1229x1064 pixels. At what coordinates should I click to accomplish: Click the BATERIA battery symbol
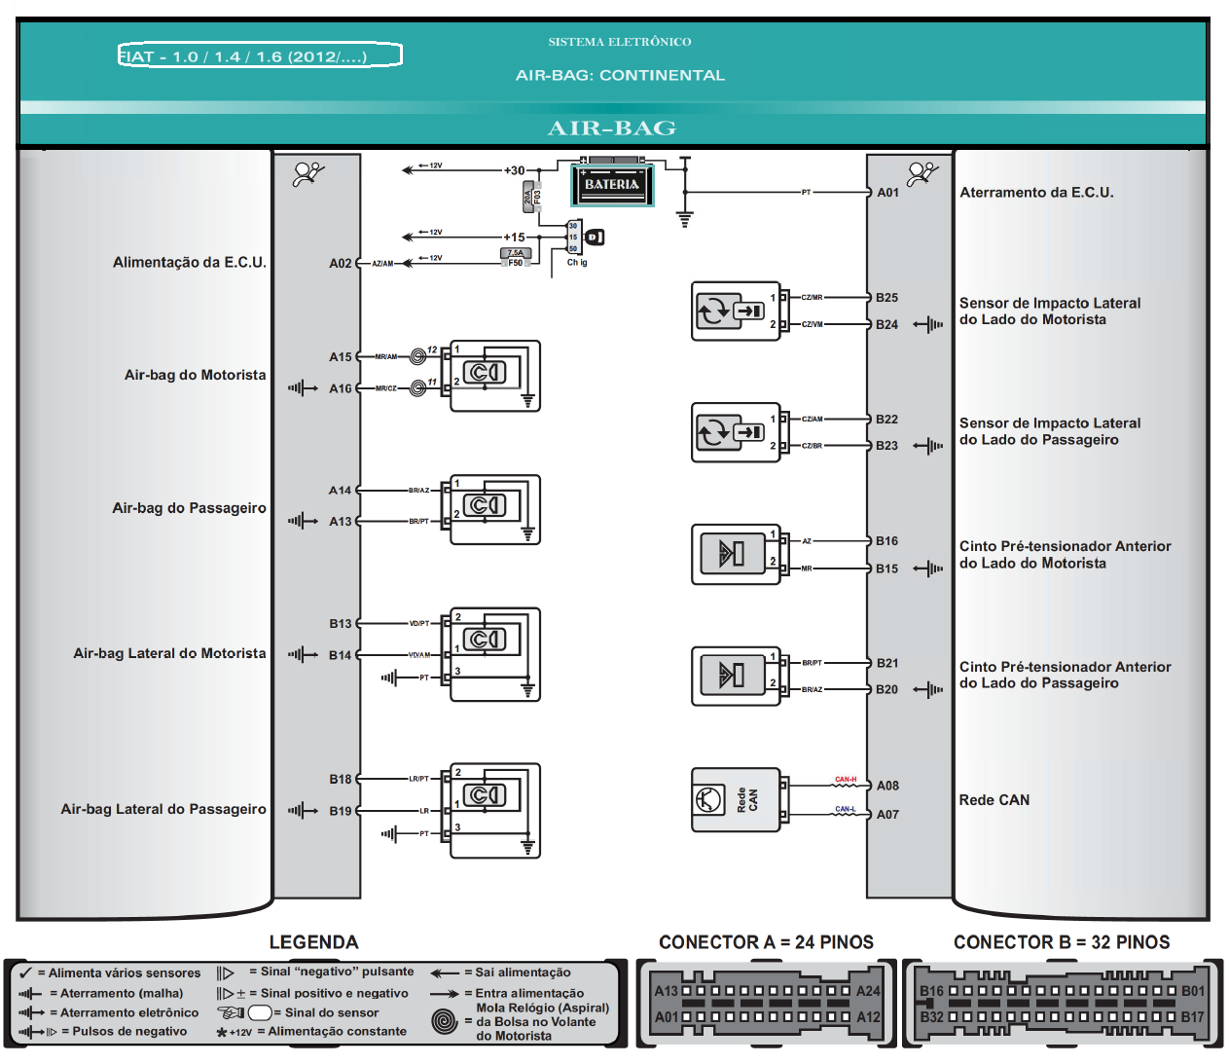pos(611,184)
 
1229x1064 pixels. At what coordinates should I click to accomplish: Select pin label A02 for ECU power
pos(340,263)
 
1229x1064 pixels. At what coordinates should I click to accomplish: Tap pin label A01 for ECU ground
pos(887,193)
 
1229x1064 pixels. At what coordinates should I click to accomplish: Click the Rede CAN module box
pos(736,800)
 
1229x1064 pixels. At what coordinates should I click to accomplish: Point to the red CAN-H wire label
pos(846,780)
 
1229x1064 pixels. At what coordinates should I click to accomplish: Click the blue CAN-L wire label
pos(845,809)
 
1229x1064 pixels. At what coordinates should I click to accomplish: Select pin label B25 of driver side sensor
pos(886,298)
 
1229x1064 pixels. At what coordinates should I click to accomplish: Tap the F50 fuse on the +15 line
pos(515,258)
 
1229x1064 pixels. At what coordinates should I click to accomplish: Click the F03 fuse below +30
pos(531,197)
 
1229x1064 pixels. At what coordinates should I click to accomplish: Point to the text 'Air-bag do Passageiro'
pos(189,508)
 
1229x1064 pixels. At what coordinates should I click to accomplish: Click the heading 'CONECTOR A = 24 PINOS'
pos(766,942)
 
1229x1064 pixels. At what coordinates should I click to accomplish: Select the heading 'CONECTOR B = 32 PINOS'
pos(1062,942)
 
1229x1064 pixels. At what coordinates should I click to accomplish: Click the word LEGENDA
pos(313,942)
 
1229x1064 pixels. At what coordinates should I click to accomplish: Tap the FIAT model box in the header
pos(260,55)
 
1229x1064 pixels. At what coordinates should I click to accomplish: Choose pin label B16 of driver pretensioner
pos(886,541)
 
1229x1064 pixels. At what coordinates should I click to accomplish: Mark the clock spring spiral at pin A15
pos(418,356)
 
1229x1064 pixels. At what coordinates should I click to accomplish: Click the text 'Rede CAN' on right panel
pos(994,800)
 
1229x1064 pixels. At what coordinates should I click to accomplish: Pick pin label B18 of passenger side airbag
pos(340,779)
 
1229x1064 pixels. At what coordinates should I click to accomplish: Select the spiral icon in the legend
pos(445,1021)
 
